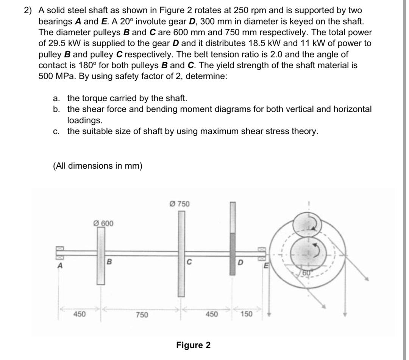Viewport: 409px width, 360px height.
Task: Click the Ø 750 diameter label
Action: [x=180, y=204]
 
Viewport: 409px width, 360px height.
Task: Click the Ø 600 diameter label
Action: [x=103, y=223]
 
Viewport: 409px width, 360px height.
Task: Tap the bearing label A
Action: [x=59, y=266]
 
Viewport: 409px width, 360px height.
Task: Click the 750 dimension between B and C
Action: [x=142, y=315]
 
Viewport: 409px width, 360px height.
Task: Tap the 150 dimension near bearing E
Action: [x=246, y=314]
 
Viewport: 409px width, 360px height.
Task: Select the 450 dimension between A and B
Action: [x=79, y=314]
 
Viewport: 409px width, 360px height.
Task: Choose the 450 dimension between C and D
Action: [x=211, y=314]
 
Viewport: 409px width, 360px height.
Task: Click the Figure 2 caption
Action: [x=193, y=345]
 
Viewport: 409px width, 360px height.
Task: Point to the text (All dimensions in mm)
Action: [x=98, y=166]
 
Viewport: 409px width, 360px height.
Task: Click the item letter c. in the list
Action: [x=56, y=131]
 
